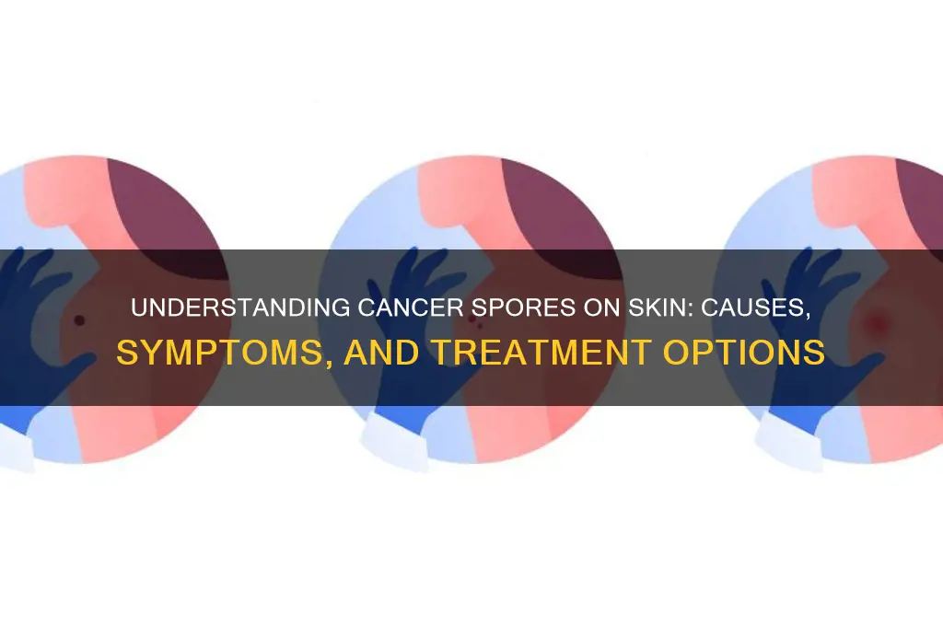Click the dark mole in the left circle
coord(78,320)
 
